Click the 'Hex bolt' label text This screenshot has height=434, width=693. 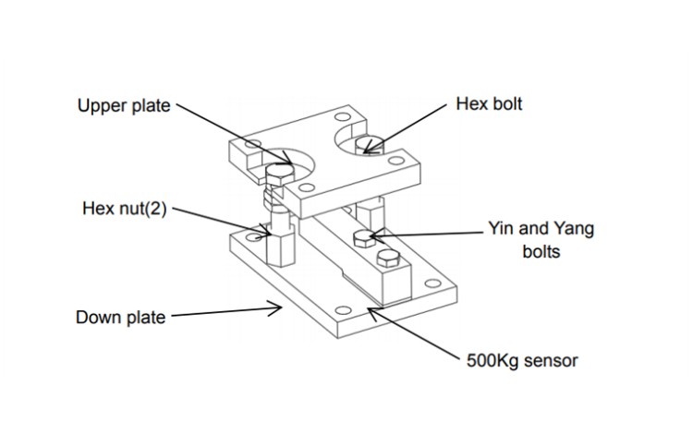[489, 104]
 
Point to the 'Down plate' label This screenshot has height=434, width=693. [120, 318]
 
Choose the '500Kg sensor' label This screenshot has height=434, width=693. [522, 360]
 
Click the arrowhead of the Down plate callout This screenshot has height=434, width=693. [279, 308]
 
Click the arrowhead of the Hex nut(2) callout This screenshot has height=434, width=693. [266, 228]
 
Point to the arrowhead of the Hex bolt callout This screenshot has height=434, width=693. [369, 148]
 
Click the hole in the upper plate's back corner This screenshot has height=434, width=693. [342, 118]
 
